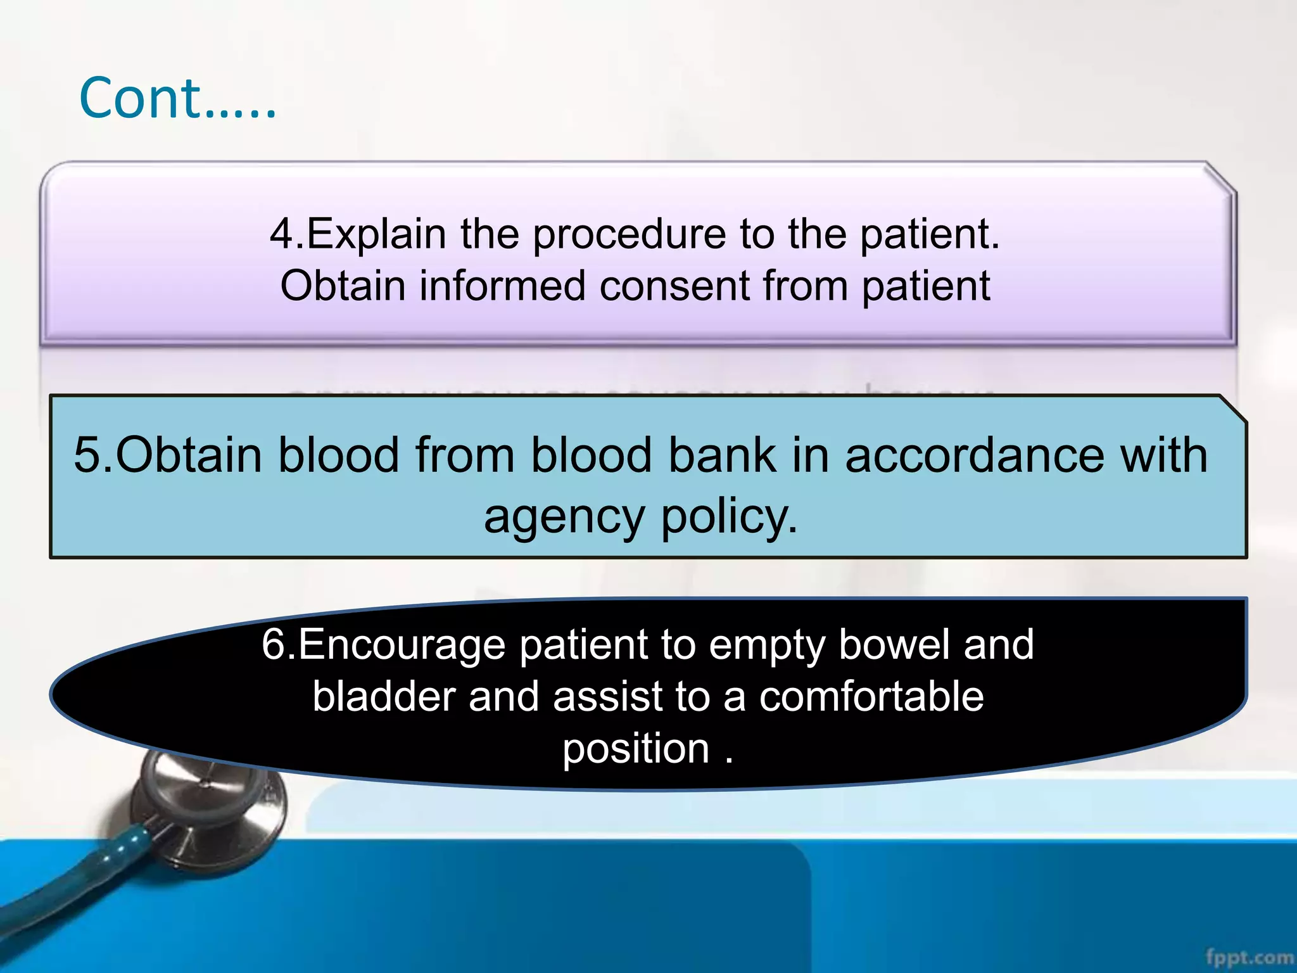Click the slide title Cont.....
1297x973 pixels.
click(x=177, y=99)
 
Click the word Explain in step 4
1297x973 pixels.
click(x=377, y=234)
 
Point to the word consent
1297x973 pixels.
click(x=674, y=286)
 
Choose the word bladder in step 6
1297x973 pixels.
click(x=384, y=697)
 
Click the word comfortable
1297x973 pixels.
click(x=871, y=697)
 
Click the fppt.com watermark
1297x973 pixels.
click(x=1249, y=957)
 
